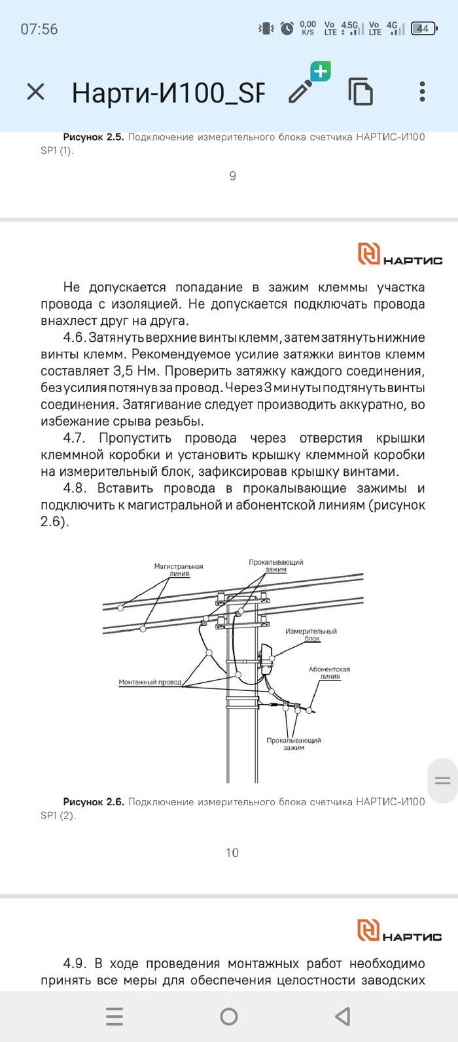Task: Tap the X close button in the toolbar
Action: click(35, 92)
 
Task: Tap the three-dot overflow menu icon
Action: click(422, 92)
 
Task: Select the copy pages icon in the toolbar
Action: click(361, 92)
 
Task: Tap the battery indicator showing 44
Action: click(423, 29)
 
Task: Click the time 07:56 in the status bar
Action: click(39, 29)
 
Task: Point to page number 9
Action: click(232, 176)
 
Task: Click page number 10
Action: click(232, 852)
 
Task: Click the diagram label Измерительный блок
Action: click(311, 635)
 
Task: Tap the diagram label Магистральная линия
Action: click(179, 570)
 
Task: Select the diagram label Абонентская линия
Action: click(329, 673)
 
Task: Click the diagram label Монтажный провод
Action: click(150, 682)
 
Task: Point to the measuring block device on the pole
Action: click(266, 659)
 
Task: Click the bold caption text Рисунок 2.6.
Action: click(93, 802)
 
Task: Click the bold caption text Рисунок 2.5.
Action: click(93, 137)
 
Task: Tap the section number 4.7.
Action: click(74, 438)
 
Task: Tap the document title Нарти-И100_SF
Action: click(168, 93)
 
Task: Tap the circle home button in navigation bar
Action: click(229, 1016)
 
